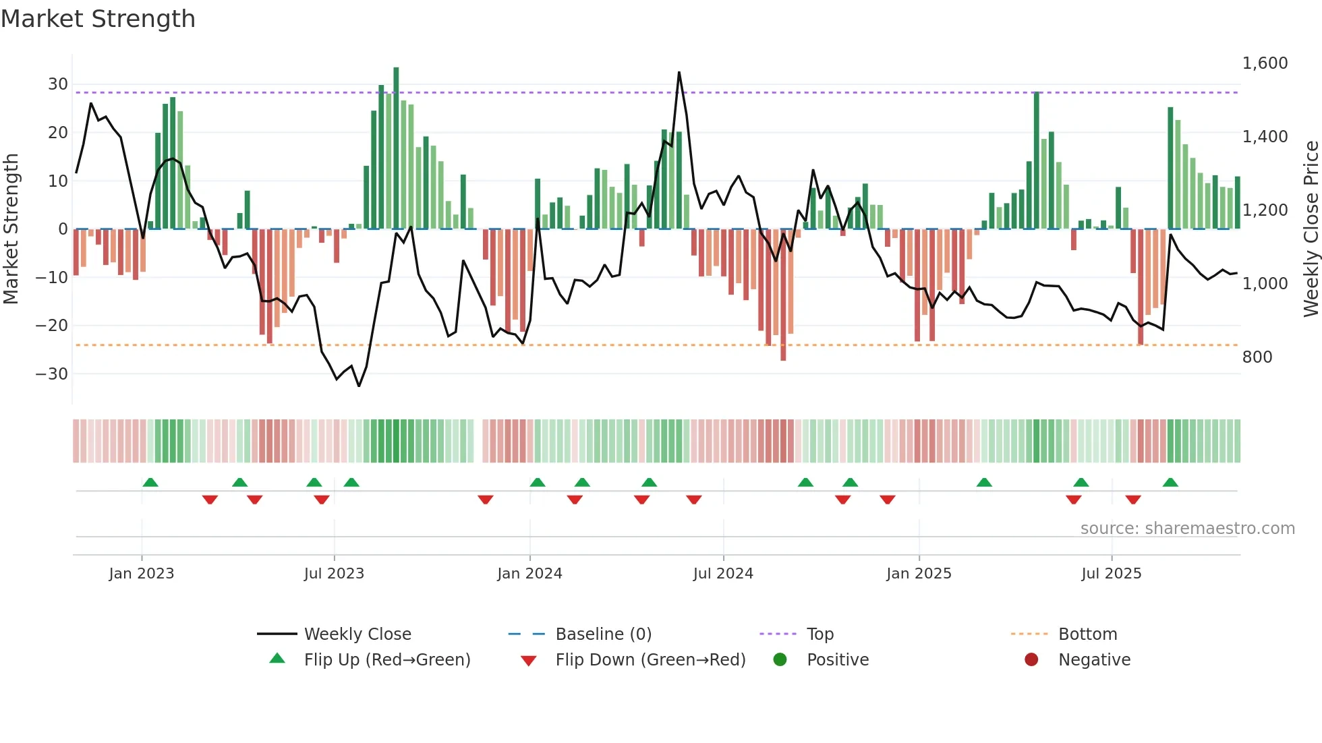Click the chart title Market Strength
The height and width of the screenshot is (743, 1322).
[x=98, y=19]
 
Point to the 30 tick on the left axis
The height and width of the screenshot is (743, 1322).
[x=58, y=84]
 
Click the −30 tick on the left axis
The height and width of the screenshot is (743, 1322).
[x=52, y=374]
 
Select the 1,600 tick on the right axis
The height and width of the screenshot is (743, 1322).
[x=1265, y=63]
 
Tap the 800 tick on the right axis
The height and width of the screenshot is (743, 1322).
[x=1257, y=357]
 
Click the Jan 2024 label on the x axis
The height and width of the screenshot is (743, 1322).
[x=529, y=574]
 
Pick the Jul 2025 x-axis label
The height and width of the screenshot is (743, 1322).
[x=1111, y=574]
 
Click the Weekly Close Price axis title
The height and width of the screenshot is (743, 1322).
[x=1311, y=229]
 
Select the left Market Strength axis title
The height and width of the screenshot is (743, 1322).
[x=11, y=229]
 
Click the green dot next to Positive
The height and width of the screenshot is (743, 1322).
[x=780, y=660]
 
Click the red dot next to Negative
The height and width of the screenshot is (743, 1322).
[x=1031, y=660]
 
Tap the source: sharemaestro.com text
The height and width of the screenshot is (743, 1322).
[x=1187, y=529]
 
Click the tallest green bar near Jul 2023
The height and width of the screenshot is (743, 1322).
[x=396, y=148]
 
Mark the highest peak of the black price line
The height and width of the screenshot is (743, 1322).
[x=679, y=72]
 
